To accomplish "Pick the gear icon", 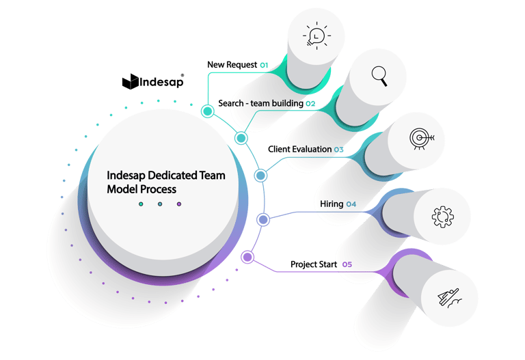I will (x=442, y=217).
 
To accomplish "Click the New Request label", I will (x=232, y=65).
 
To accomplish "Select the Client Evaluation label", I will (x=299, y=149).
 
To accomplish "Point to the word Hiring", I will (x=332, y=204).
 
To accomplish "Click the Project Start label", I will (x=313, y=264).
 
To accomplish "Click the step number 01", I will (x=263, y=65).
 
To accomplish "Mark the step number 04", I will (x=351, y=204).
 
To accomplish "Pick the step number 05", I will (x=347, y=264).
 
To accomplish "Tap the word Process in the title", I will (x=157, y=189).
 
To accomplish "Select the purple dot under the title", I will (x=179, y=204).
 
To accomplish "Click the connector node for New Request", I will (x=207, y=110).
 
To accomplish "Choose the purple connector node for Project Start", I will (x=247, y=258).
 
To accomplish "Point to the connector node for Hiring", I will (x=263, y=219).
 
